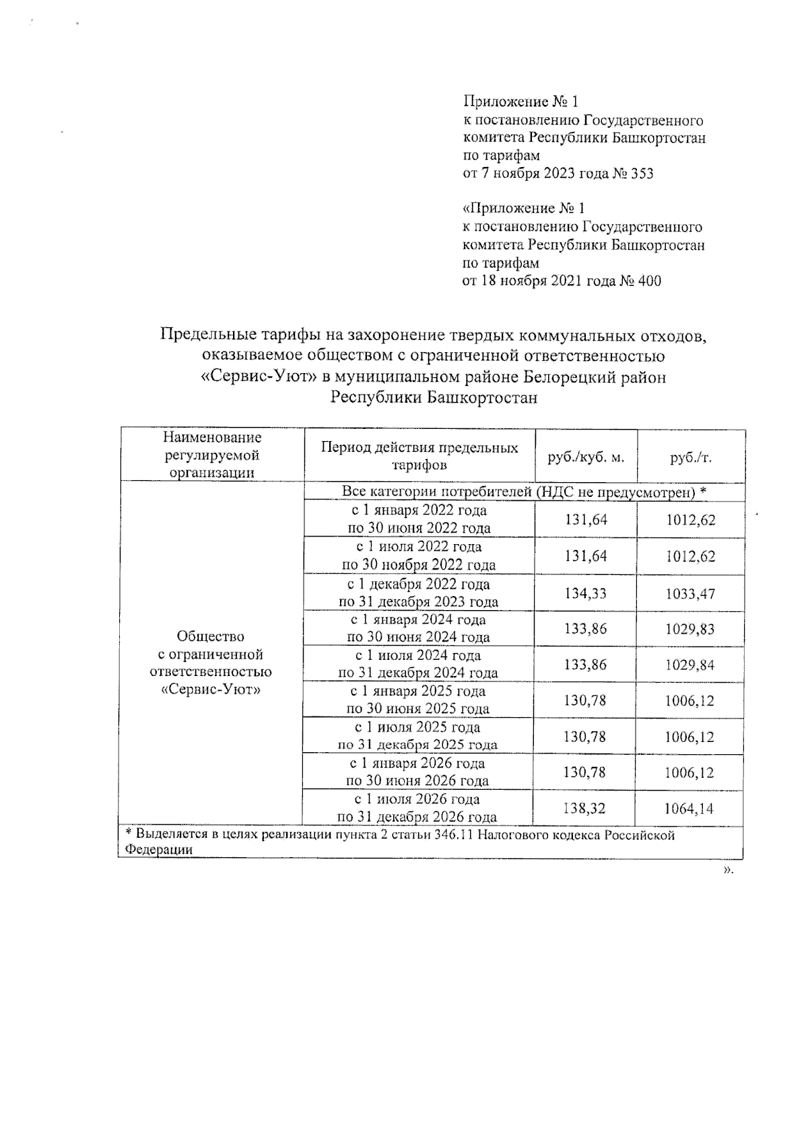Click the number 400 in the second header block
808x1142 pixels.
point(648,281)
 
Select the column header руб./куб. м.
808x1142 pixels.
point(586,457)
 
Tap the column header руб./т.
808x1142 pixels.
point(691,457)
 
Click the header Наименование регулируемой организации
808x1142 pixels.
point(213,455)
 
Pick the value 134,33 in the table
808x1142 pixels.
point(585,593)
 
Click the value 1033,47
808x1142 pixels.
point(690,593)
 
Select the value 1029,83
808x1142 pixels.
point(690,629)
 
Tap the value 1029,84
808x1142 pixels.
point(690,665)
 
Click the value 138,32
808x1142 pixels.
point(585,808)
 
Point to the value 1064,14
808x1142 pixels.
point(690,808)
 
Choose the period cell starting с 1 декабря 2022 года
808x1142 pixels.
point(419,593)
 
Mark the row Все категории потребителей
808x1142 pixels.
point(524,492)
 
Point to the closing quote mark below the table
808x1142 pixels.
point(727,871)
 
